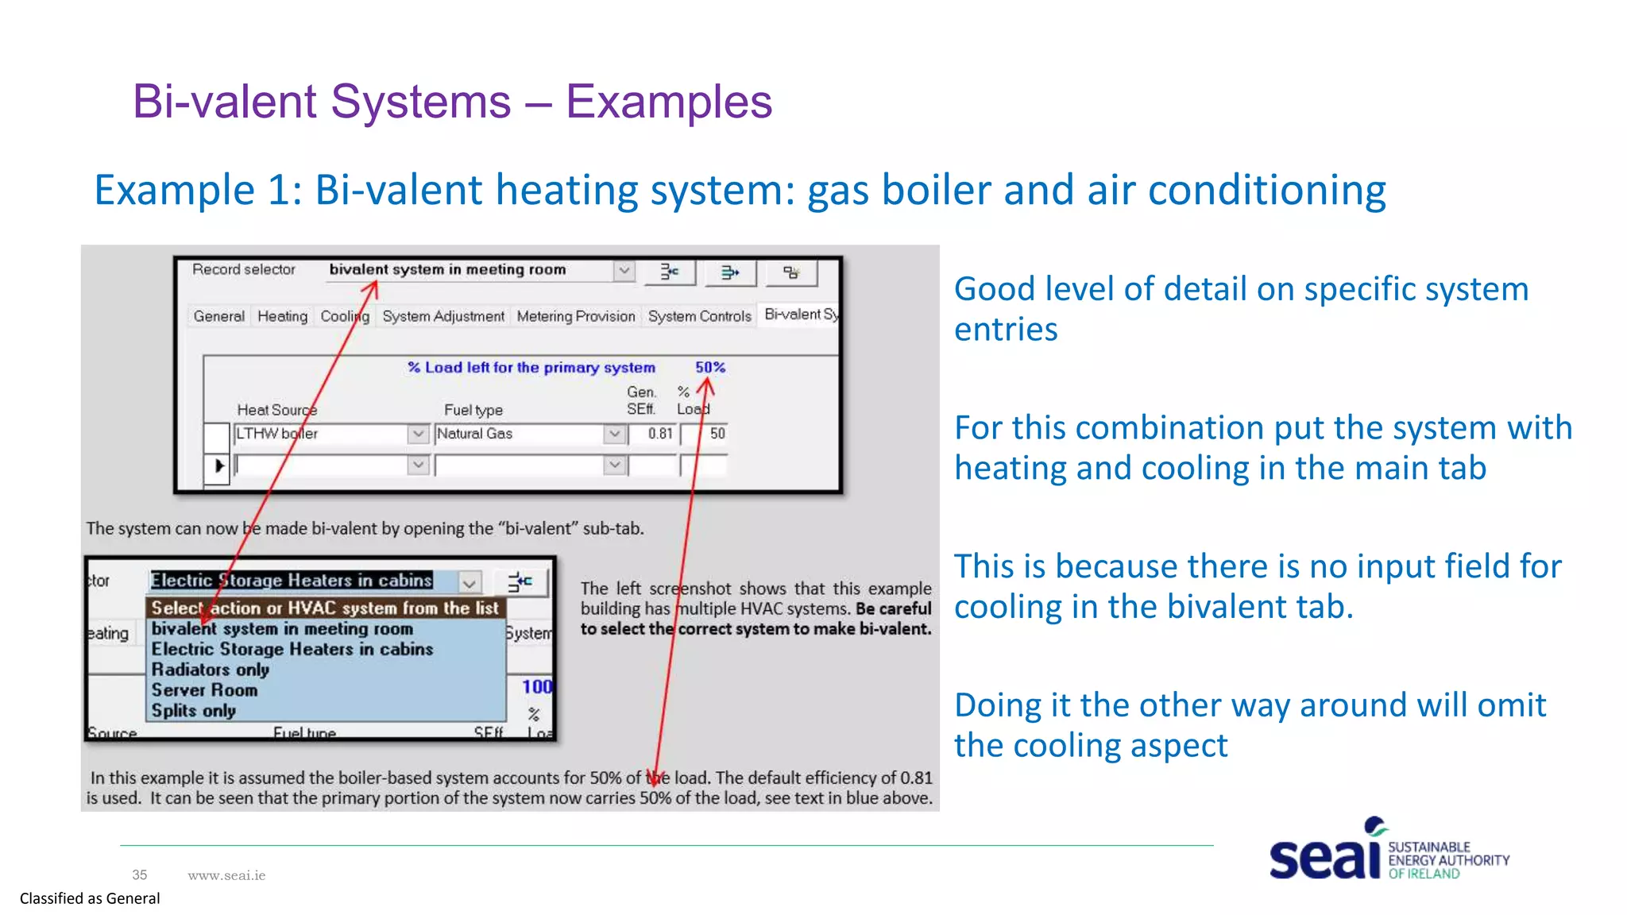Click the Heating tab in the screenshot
(282, 316)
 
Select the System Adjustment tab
(442, 316)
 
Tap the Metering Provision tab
(575, 316)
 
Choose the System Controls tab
(699, 316)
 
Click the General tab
(218, 316)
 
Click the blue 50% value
(710, 367)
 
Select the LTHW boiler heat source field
(320, 434)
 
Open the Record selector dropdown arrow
(624, 271)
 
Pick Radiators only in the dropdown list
(211, 670)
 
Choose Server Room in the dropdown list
(204, 690)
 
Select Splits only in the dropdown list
(194, 711)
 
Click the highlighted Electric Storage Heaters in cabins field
(292, 581)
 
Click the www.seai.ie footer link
(226, 875)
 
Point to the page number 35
(140, 875)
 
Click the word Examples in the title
(669, 102)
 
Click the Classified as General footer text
(90, 898)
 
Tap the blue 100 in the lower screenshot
(536, 686)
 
